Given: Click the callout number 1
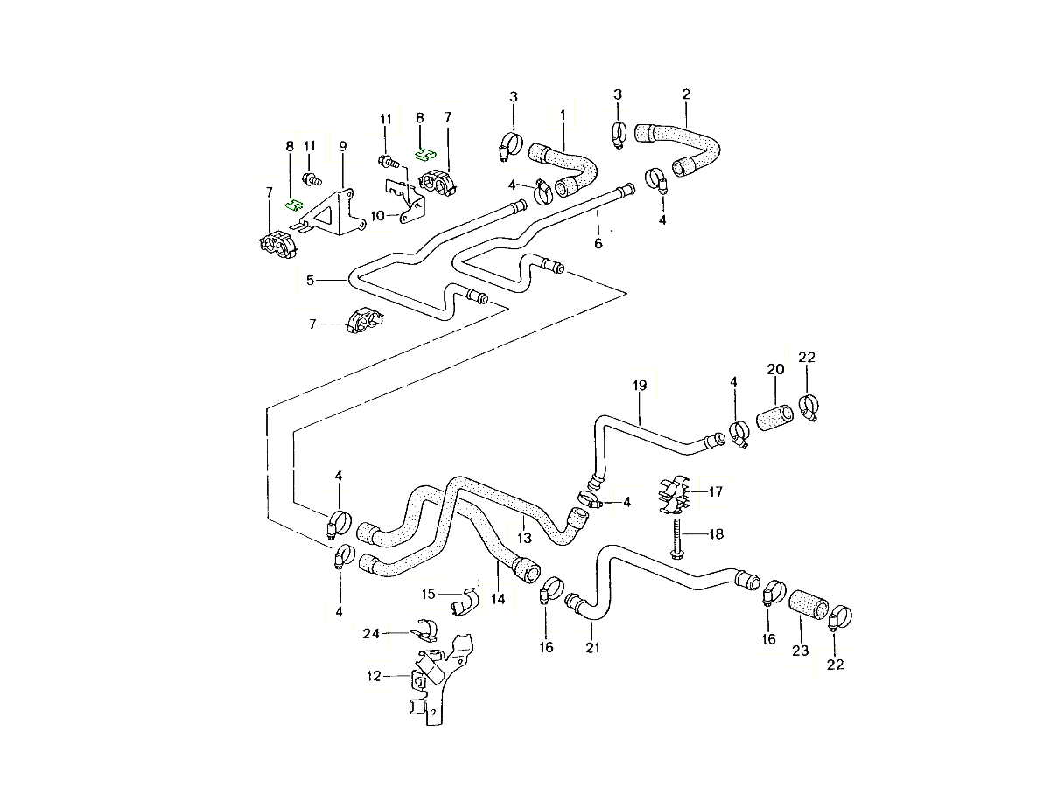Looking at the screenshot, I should tap(563, 115).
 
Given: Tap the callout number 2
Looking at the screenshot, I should tap(686, 94).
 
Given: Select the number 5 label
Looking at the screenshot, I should tap(310, 280).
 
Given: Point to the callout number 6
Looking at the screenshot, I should tap(598, 243).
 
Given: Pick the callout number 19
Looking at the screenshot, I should tap(639, 385).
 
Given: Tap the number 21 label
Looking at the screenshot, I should tap(592, 648).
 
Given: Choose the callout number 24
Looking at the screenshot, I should tap(371, 633).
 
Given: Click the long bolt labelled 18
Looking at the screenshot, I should tap(679, 536).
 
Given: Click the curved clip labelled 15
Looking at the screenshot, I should tap(465, 600).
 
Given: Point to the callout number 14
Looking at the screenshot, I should tap(499, 601).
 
